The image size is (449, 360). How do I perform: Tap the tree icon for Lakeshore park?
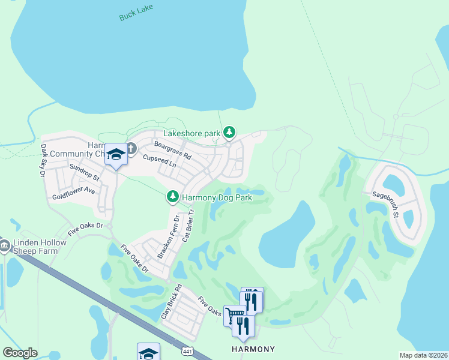coord(229,132)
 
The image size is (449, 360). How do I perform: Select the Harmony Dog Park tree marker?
coord(172,196)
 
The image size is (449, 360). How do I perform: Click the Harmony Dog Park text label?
coord(217,197)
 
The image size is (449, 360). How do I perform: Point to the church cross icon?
coord(131,146)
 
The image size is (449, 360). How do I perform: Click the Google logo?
coord(20,353)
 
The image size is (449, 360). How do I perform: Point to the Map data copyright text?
coord(423,355)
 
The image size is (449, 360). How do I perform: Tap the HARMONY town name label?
coord(253,349)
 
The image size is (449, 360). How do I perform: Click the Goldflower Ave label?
coord(73,193)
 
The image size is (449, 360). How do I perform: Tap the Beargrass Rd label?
coord(172,151)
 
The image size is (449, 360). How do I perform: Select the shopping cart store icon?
coord(234,314)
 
